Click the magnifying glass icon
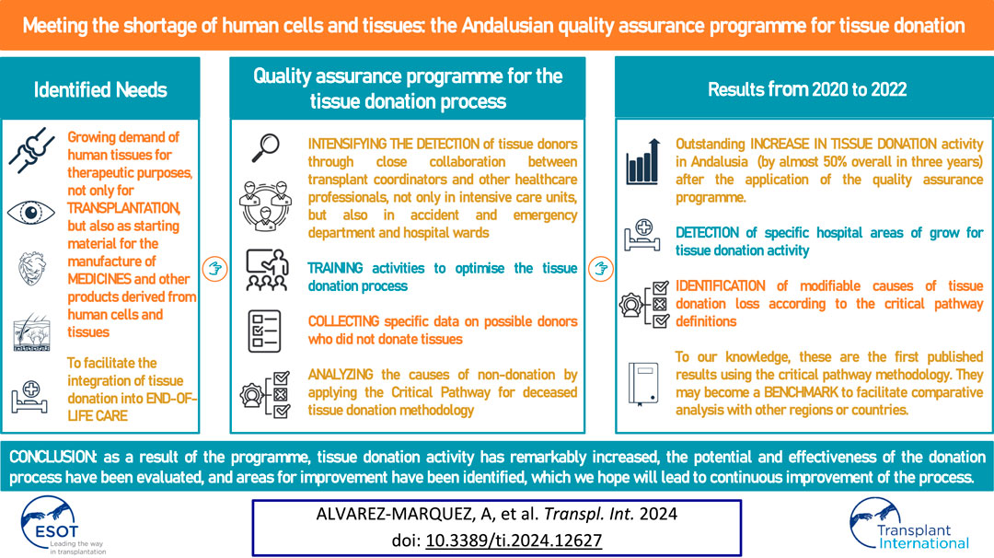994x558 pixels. tap(266, 147)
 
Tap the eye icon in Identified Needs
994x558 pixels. tap(30, 213)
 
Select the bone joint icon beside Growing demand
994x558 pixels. tap(31, 150)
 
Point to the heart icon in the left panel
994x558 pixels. tap(31, 268)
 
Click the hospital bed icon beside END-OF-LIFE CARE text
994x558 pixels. tap(29, 396)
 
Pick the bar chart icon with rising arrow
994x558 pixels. tap(642, 162)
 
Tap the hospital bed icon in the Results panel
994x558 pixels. tap(641, 235)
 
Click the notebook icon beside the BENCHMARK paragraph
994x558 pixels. tap(642, 384)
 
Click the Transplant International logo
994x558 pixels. tap(909, 524)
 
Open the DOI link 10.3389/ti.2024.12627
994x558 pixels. tap(514, 541)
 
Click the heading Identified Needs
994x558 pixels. tap(100, 90)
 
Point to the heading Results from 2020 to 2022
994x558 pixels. tap(807, 89)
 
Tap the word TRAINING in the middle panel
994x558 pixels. tap(335, 268)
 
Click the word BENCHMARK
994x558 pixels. tap(801, 392)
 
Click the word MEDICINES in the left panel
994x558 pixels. tap(98, 279)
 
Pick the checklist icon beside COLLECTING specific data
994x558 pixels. tap(264, 331)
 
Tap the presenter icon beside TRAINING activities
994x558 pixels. tap(266, 270)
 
